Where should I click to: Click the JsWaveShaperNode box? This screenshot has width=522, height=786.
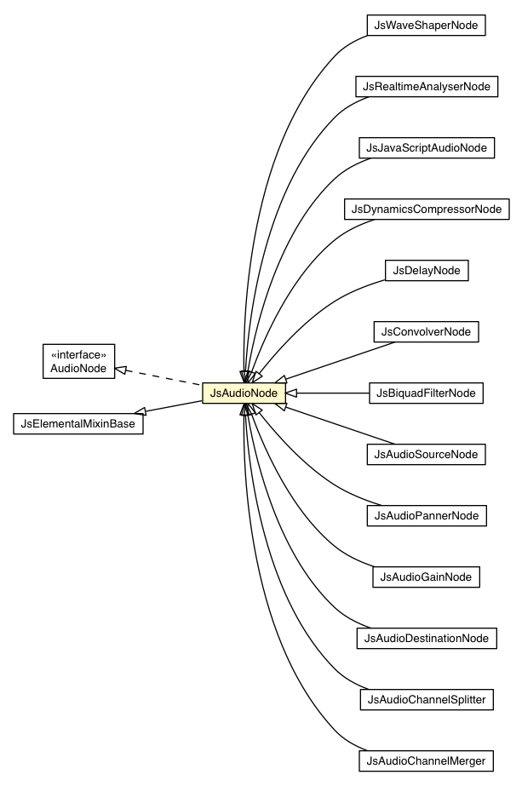point(426,26)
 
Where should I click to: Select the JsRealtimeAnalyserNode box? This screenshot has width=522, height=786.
point(426,87)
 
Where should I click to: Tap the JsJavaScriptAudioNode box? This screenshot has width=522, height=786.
point(426,147)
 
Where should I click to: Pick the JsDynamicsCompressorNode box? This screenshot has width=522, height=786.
point(426,209)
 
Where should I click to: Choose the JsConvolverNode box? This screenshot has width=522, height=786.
point(426,331)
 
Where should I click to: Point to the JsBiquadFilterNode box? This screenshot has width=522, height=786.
point(426,393)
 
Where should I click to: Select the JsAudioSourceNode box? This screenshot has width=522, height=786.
point(426,454)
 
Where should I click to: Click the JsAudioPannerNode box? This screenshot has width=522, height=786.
point(426,515)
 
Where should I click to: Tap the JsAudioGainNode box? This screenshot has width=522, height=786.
point(426,577)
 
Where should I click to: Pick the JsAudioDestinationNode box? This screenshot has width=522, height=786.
point(426,638)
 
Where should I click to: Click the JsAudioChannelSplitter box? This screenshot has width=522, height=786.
point(426,699)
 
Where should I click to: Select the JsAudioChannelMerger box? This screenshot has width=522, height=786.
point(426,760)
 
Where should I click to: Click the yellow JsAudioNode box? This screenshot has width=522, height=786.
point(243,393)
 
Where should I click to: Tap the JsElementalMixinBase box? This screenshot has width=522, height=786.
point(77,422)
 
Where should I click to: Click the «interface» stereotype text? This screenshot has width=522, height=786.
point(78,353)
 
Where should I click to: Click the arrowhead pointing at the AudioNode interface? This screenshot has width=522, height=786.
point(122,369)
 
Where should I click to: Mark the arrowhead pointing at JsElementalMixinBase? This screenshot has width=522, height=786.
point(149,411)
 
